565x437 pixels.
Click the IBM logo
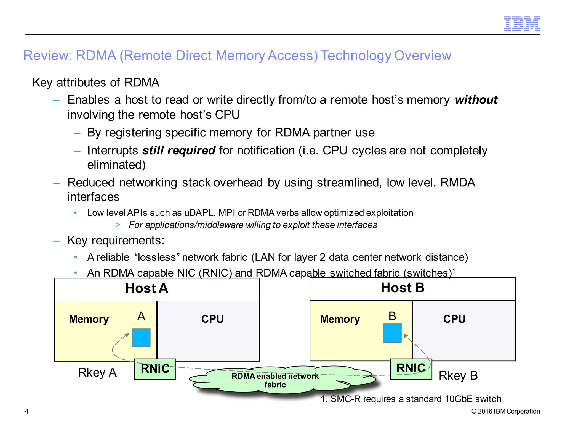pyautogui.click(x=522, y=23)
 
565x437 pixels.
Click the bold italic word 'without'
pyautogui.click(x=476, y=100)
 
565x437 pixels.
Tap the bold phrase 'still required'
pyautogui.click(x=179, y=151)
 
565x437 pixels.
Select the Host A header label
pyautogui.click(x=146, y=288)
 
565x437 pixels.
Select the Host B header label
pyautogui.click(x=403, y=288)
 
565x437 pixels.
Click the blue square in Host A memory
pyautogui.click(x=141, y=338)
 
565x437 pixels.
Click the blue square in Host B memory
pyautogui.click(x=392, y=333)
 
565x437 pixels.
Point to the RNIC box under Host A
pyautogui.click(x=155, y=369)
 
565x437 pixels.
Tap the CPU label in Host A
pyautogui.click(x=212, y=319)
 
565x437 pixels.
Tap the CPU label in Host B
pyautogui.click(x=454, y=319)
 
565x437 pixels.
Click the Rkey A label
pyautogui.click(x=97, y=372)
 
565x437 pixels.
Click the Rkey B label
pyautogui.click(x=458, y=376)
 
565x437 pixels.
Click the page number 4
pyautogui.click(x=27, y=411)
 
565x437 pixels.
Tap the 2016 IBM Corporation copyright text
pyautogui.click(x=505, y=411)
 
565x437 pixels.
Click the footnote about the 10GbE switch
pyautogui.click(x=411, y=399)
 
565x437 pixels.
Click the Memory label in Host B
pyautogui.click(x=340, y=319)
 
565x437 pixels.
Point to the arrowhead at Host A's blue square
pyautogui.click(x=127, y=335)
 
